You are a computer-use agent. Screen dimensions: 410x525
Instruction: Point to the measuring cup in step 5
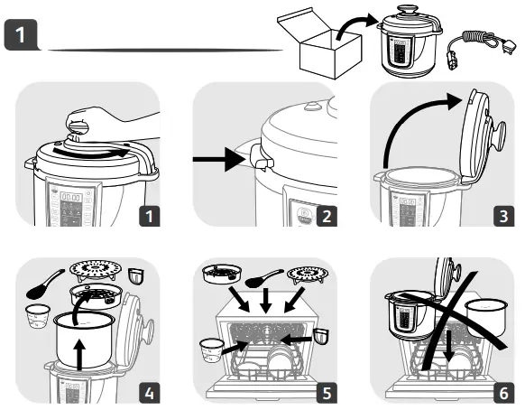(x=210, y=348)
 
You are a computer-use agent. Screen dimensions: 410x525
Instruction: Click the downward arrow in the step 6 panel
(x=445, y=343)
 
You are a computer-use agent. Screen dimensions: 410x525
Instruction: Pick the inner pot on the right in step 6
(x=486, y=317)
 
